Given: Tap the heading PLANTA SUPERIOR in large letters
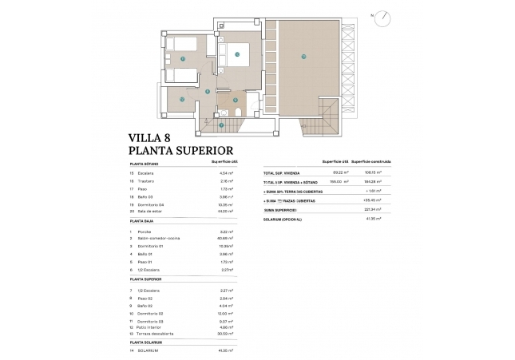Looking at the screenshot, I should pos(180,149).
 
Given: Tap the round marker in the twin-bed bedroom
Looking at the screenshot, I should pos(183,58).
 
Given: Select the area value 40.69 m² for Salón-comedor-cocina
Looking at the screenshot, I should pos(225,238).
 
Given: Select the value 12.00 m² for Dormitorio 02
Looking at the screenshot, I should pos(226,313).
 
